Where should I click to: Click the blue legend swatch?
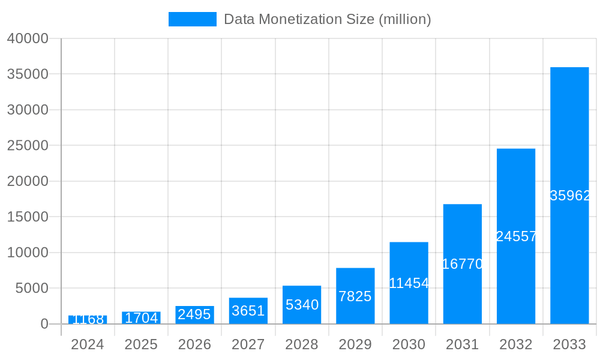tap(192, 19)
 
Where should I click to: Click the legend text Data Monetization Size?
tap(327, 19)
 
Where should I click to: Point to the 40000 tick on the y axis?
tap(28, 38)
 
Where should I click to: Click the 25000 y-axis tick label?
tap(28, 146)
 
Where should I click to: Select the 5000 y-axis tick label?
tap(31, 289)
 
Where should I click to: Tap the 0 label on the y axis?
tap(44, 324)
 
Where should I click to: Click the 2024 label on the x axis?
tap(88, 344)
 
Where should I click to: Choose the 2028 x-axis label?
tap(302, 344)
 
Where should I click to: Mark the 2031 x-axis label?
tap(462, 344)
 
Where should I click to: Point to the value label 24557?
tap(517, 236)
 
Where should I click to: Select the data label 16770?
tap(463, 264)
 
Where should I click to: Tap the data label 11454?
tap(409, 283)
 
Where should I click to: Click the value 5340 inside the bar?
tap(302, 305)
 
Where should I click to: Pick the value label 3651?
tap(248, 311)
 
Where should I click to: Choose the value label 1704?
tap(141, 318)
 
